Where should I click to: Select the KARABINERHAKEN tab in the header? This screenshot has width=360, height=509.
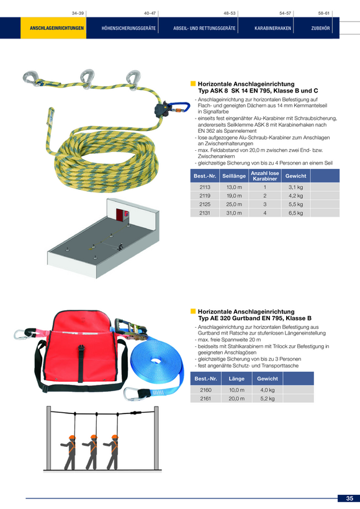click(x=272, y=28)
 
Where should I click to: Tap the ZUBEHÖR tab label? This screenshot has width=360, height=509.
click(x=320, y=28)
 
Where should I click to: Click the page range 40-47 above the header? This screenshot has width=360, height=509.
click(x=150, y=13)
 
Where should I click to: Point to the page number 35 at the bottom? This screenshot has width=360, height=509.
click(x=349, y=498)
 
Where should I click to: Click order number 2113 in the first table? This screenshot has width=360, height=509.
click(x=205, y=187)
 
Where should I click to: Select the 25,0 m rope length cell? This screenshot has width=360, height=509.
click(x=234, y=204)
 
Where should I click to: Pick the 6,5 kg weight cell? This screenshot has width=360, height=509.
click(x=295, y=213)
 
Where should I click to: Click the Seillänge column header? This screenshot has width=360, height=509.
click(x=234, y=176)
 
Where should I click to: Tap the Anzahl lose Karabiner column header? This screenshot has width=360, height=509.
click(x=265, y=176)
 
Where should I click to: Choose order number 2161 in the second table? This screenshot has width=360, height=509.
click(x=205, y=399)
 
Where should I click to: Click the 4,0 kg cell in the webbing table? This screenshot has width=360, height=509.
click(x=267, y=390)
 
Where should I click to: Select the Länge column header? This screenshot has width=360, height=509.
click(x=236, y=379)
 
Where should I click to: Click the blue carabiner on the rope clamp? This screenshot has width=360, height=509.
click(x=179, y=107)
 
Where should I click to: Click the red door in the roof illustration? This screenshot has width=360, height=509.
click(x=122, y=215)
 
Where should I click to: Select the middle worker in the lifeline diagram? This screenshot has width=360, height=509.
click(x=91, y=452)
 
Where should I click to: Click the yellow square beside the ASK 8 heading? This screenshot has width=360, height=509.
click(x=193, y=84)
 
